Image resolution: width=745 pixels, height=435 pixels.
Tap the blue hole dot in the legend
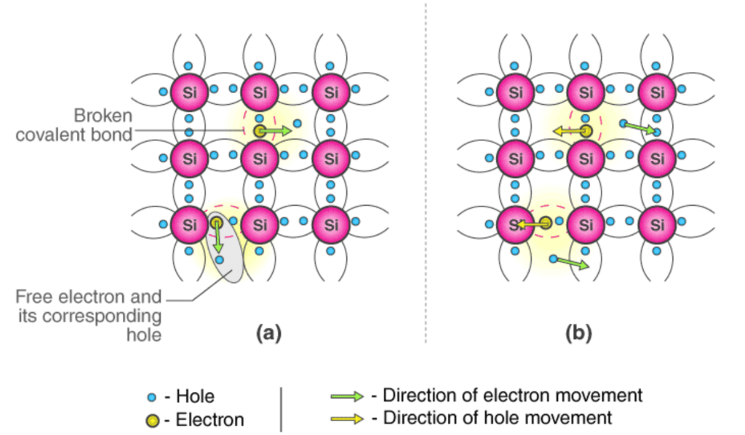[x=151, y=397]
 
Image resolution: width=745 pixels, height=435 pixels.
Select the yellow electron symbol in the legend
[x=152, y=420]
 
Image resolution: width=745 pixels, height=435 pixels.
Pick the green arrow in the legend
[x=347, y=396]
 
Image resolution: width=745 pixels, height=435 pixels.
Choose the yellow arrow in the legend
[x=347, y=419]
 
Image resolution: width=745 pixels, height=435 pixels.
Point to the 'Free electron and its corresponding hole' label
[x=89, y=316]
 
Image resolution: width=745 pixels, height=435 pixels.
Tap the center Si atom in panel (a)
[x=260, y=156]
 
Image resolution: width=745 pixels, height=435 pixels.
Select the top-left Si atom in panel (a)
[x=190, y=92]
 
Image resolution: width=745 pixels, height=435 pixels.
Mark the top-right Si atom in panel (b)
[x=657, y=92]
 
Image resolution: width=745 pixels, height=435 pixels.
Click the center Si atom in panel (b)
[x=587, y=156]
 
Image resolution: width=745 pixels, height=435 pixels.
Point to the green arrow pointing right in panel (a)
[x=277, y=131]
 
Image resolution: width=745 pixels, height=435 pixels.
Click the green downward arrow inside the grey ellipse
[x=217, y=238]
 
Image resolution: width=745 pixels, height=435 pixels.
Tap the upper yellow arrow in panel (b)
[x=567, y=132]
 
